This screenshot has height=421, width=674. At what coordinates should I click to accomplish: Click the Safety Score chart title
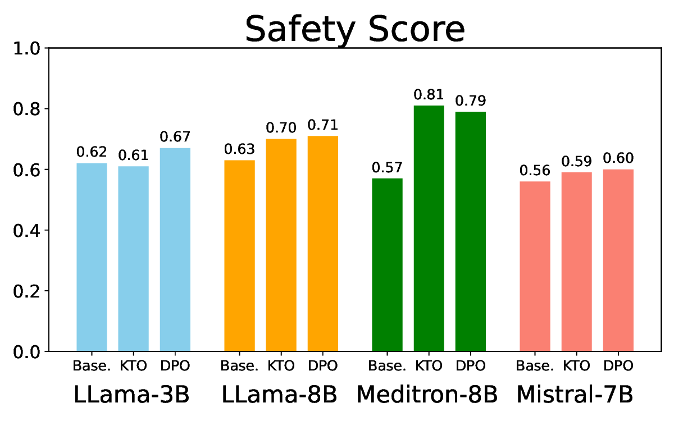click(x=355, y=29)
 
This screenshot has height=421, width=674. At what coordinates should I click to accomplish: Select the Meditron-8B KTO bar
click(x=429, y=228)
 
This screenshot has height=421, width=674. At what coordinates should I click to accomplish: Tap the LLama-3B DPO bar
click(x=175, y=250)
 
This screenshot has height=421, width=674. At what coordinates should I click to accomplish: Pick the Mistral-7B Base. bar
click(x=535, y=267)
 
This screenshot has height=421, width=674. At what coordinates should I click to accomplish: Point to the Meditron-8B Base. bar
click(x=388, y=265)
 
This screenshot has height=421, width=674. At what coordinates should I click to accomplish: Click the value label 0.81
click(x=429, y=95)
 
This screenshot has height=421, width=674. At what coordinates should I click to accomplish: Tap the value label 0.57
click(x=388, y=168)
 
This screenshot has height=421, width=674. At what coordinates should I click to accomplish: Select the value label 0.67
click(x=175, y=137)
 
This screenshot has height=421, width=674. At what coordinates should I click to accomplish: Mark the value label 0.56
click(x=535, y=171)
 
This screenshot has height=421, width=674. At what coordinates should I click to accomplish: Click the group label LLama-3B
click(x=132, y=395)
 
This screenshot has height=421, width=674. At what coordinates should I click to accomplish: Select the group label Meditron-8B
click(x=427, y=395)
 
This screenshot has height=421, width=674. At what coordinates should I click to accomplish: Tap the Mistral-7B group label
click(x=575, y=395)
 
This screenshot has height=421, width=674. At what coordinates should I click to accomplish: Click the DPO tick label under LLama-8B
click(x=323, y=367)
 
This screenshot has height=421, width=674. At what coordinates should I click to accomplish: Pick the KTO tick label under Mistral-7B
click(x=577, y=367)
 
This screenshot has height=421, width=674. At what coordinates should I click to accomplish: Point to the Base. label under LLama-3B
click(x=92, y=367)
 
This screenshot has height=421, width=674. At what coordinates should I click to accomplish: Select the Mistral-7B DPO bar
click(x=618, y=260)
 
